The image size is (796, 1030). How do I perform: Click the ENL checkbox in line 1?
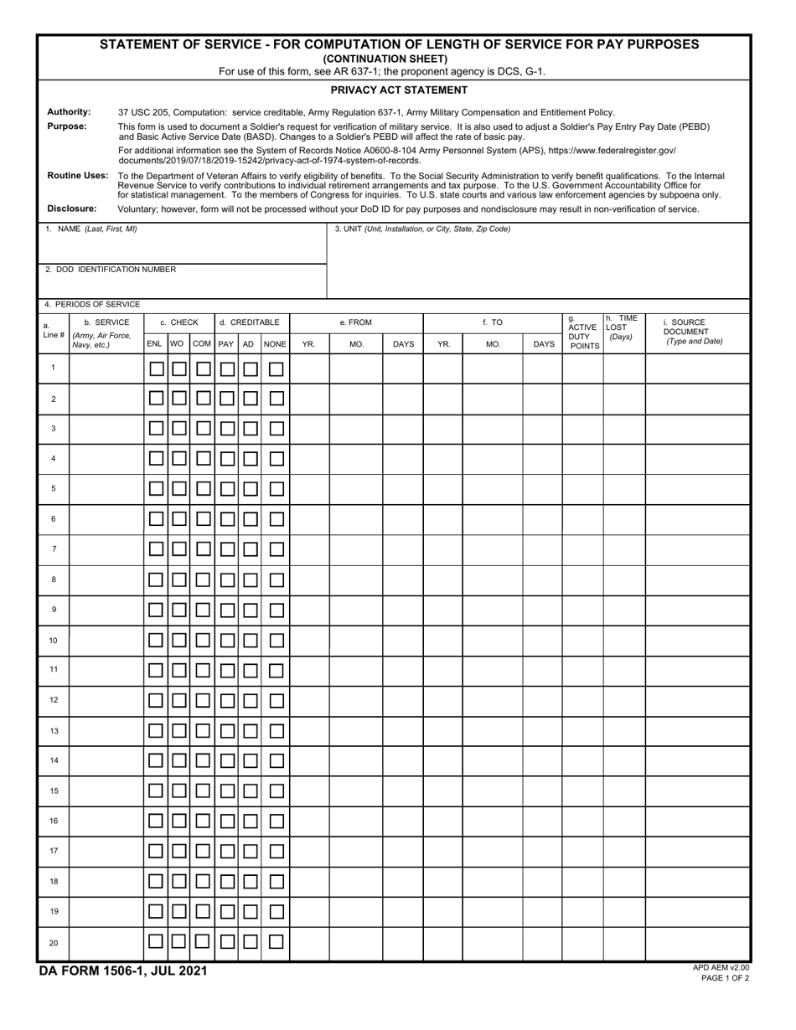point(156,368)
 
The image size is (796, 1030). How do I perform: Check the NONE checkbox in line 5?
point(276,489)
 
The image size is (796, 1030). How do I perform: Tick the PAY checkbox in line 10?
point(226,641)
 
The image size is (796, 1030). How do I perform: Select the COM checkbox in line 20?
point(203,942)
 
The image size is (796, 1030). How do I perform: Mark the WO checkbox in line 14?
point(179,761)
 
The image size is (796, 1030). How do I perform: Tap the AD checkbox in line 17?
point(250,852)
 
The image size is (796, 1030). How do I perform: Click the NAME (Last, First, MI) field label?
point(91,229)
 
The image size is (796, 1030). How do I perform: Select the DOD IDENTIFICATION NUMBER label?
point(111,270)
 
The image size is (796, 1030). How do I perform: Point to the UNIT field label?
point(422,229)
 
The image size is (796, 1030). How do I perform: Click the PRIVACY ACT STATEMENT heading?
point(399,90)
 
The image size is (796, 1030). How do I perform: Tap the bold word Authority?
point(69,111)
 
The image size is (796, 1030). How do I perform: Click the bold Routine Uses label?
point(78,175)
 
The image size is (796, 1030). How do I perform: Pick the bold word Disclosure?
point(72,209)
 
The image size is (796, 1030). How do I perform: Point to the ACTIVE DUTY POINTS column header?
point(582,332)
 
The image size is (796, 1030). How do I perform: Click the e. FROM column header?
point(355,322)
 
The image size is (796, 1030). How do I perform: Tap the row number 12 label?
point(54,700)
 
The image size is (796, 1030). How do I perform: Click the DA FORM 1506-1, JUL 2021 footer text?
point(123,971)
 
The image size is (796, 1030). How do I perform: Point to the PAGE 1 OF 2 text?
point(726,977)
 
